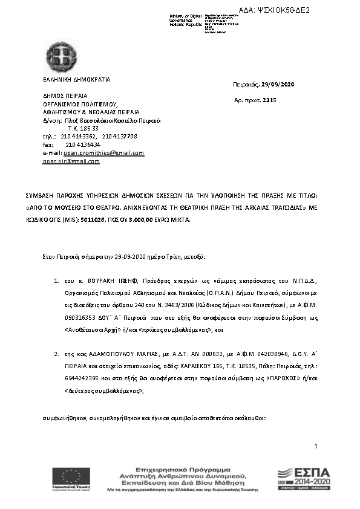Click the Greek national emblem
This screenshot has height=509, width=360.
pyautogui.click(x=61, y=56)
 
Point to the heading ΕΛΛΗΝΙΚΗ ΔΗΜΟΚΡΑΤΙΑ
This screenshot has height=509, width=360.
pyautogui.click(x=76, y=80)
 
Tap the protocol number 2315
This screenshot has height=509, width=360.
pyautogui.click(x=270, y=100)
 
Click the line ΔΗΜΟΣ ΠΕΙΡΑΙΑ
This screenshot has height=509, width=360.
pyautogui.click(x=65, y=96)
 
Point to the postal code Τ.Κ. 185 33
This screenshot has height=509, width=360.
pyautogui.click(x=83, y=129)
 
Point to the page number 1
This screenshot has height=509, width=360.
pyautogui.click(x=316, y=463)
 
